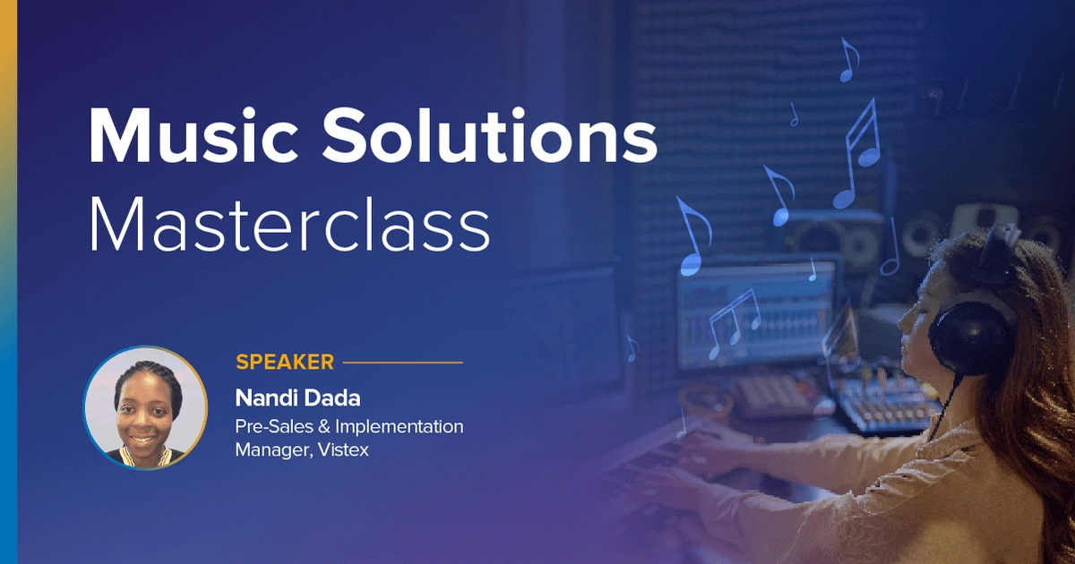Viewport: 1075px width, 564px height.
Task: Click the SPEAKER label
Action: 285,362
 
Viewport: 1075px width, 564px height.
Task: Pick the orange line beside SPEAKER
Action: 403,363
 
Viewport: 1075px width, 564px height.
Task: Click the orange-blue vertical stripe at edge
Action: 8,282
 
